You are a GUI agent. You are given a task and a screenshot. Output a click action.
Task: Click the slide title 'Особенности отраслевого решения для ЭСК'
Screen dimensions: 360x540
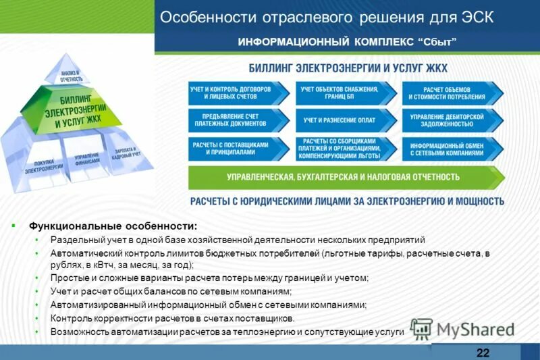tap(326, 17)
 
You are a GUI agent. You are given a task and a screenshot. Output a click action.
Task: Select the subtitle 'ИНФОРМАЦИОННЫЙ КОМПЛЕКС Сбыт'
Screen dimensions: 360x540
tap(347, 43)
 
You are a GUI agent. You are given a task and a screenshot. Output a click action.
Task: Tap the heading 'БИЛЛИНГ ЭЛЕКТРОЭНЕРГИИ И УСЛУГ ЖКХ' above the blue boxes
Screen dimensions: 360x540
tap(348, 69)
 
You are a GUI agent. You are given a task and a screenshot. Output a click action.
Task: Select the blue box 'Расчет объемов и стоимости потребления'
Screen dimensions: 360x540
tap(448, 93)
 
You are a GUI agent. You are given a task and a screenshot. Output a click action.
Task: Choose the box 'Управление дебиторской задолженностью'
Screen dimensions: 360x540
tap(448, 120)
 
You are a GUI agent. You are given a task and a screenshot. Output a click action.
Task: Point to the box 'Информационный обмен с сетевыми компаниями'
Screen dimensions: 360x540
tap(448, 149)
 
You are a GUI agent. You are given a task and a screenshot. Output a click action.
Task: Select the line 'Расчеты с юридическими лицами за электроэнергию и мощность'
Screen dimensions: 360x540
tap(347, 201)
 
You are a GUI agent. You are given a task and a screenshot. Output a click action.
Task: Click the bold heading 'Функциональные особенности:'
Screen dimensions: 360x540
tap(113, 226)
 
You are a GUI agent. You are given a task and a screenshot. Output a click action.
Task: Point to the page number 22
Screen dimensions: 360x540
tap(483, 353)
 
